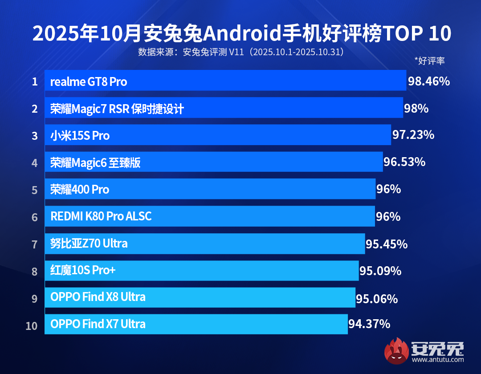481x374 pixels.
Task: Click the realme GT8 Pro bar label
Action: click(x=89, y=82)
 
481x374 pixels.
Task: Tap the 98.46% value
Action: click(x=429, y=81)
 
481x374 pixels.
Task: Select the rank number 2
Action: click(x=35, y=109)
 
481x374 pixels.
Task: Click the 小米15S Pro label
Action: click(x=80, y=136)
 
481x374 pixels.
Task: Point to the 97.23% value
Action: click(x=413, y=135)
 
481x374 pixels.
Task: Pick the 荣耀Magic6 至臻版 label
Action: click(x=95, y=163)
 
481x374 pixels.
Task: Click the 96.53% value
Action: click(x=404, y=162)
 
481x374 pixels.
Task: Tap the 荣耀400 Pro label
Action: click(x=80, y=190)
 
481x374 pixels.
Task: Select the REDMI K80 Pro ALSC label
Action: click(x=101, y=216)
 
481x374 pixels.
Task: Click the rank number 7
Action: click(x=35, y=244)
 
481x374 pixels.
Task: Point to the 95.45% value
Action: click(x=387, y=244)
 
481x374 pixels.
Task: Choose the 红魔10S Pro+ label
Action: click(x=83, y=271)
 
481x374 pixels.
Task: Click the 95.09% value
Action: click(x=380, y=271)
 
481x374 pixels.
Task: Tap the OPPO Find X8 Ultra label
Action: click(x=98, y=297)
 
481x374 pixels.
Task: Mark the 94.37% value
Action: click(x=369, y=324)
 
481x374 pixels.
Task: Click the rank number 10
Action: click(x=32, y=326)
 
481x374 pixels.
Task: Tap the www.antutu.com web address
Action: click(x=438, y=359)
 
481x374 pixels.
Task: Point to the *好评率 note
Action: click(x=429, y=61)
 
